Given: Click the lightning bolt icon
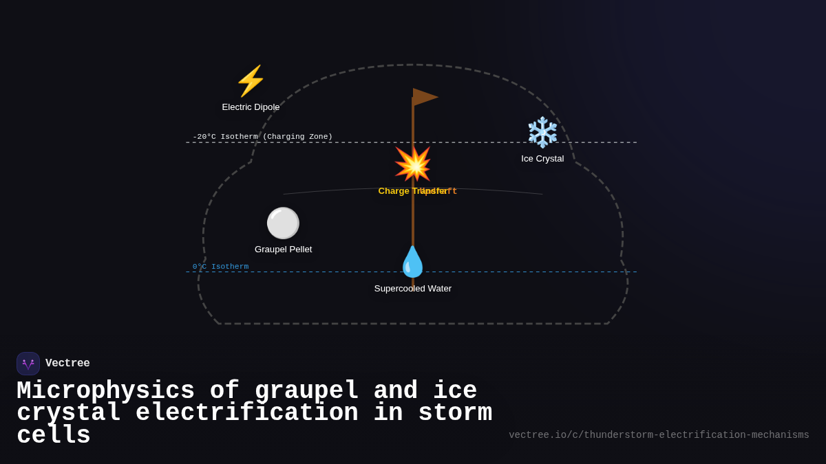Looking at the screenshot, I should click(x=251, y=81).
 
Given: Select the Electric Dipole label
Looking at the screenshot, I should click(x=251, y=107).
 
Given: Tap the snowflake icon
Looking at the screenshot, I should click(x=542, y=132).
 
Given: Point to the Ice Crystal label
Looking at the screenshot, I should click(x=542, y=159).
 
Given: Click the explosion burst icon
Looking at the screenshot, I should click(x=412, y=164).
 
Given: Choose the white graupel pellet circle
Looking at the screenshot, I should click(x=283, y=223).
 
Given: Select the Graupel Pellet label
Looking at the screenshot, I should click(x=283, y=250).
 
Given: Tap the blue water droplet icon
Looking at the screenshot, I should click(x=412, y=262).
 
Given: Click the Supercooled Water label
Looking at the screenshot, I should click(x=413, y=289).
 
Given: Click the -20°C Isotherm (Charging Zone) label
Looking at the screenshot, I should click(x=262, y=137).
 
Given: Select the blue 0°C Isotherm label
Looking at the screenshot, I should click(x=220, y=267).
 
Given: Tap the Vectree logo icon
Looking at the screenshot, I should click(x=28, y=364).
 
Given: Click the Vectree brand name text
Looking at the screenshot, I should click(x=67, y=364).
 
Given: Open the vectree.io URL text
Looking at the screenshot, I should click(x=659, y=435).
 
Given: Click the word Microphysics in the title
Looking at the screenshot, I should click(x=105, y=391).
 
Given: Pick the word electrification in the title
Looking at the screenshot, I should click(x=247, y=413).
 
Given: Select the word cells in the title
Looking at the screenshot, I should click(x=54, y=436).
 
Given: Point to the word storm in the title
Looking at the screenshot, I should click(x=455, y=413).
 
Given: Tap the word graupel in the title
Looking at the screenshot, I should click(x=307, y=391).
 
